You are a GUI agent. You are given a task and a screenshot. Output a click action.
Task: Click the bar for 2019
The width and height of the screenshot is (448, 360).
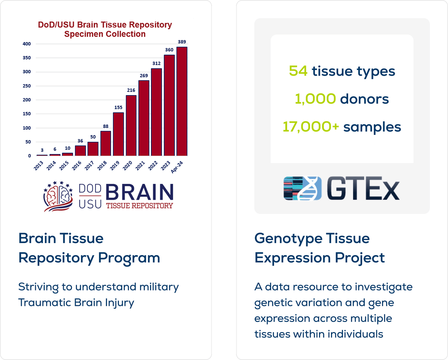(118, 134)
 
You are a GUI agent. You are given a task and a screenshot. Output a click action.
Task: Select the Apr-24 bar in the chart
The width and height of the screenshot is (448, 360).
(182, 101)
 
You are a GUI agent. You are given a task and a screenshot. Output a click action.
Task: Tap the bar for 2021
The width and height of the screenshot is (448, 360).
(144, 118)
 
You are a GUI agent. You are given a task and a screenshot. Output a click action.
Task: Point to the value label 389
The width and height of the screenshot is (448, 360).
(182, 42)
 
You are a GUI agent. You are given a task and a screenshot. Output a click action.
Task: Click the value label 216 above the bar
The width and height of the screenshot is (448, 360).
(131, 90)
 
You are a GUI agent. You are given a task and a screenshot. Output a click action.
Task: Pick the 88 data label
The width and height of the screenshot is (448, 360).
(106, 126)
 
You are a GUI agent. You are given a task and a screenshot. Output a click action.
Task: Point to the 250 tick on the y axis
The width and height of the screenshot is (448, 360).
(27, 86)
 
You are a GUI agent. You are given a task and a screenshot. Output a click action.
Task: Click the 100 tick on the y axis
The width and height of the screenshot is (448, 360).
(27, 128)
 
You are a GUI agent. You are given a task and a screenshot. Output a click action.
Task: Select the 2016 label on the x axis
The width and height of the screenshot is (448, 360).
(76, 166)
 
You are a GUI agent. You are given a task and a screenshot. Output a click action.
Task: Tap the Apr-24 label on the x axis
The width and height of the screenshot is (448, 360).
(177, 167)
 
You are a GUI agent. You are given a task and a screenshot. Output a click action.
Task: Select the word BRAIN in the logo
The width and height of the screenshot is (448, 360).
(140, 192)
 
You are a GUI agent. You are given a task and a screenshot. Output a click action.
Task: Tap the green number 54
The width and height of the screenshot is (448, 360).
(298, 71)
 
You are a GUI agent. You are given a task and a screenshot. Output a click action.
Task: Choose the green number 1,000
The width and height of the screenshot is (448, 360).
(316, 99)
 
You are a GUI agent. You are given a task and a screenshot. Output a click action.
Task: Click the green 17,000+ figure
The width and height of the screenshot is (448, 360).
(311, 127)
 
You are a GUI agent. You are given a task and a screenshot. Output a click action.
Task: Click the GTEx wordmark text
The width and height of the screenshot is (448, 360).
(363, 188)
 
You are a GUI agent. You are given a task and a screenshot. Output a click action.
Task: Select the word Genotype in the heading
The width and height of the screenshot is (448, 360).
(288, 239)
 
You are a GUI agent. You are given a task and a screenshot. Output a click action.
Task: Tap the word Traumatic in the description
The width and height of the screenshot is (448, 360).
(44, 302)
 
